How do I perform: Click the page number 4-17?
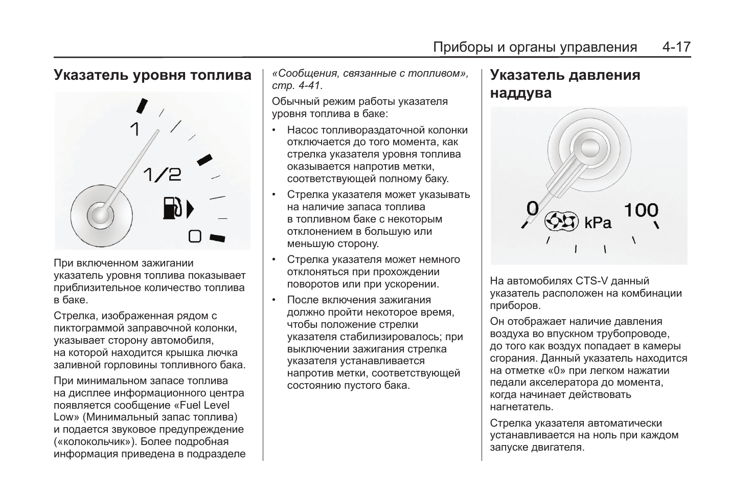tap(676, 48)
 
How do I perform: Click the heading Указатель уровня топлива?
tap(152, 75)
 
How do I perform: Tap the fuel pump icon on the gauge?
tap(172, 208)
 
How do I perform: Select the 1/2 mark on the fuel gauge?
tap(162, 175)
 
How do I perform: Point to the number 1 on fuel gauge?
tap(134, 129)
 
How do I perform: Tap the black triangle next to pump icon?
tap(190, 209)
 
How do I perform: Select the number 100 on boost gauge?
tap(641, 210)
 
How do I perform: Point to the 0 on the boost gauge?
tap(533, 208)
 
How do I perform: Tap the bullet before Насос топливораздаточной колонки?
tap(275, 130)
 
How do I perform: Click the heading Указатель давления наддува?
tap(564, 84)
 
